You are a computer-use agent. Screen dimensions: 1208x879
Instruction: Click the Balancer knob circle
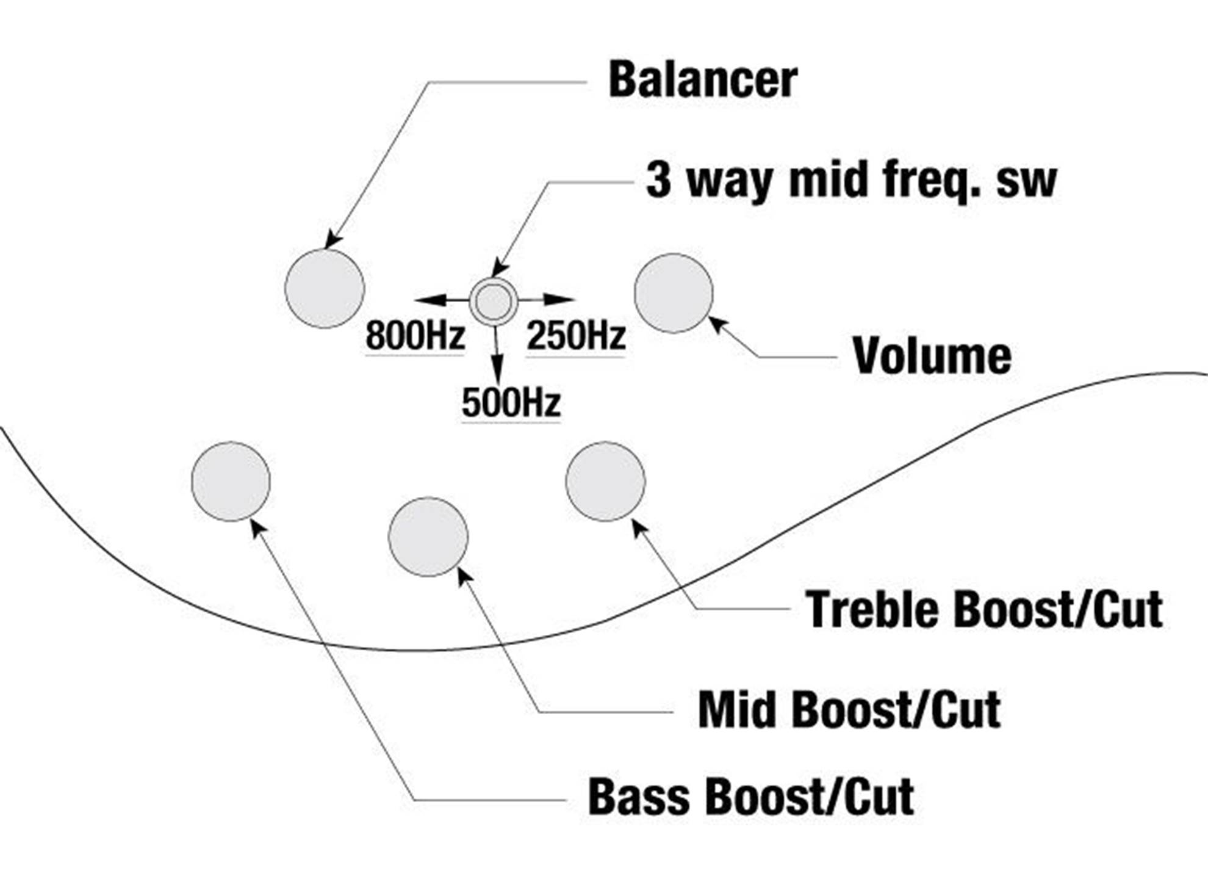(325, 288)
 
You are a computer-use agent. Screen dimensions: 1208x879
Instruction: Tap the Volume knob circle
(674, 293)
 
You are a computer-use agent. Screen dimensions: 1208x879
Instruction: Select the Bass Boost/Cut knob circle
(231, 481)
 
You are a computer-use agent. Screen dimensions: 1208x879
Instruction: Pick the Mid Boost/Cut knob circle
(428, 537)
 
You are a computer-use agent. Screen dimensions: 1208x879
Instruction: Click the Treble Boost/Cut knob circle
(605, 481)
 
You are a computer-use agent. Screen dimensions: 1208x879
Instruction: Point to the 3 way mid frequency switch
(494, 302)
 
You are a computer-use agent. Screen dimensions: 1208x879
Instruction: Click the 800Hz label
(415, 336)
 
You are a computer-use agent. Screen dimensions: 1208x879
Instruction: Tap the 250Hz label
(576, 336)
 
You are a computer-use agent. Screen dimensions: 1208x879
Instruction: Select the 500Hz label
(511, 403)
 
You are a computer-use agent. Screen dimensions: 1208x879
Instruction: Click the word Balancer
(703, 79)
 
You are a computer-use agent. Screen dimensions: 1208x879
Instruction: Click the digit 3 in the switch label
(658, 181)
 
